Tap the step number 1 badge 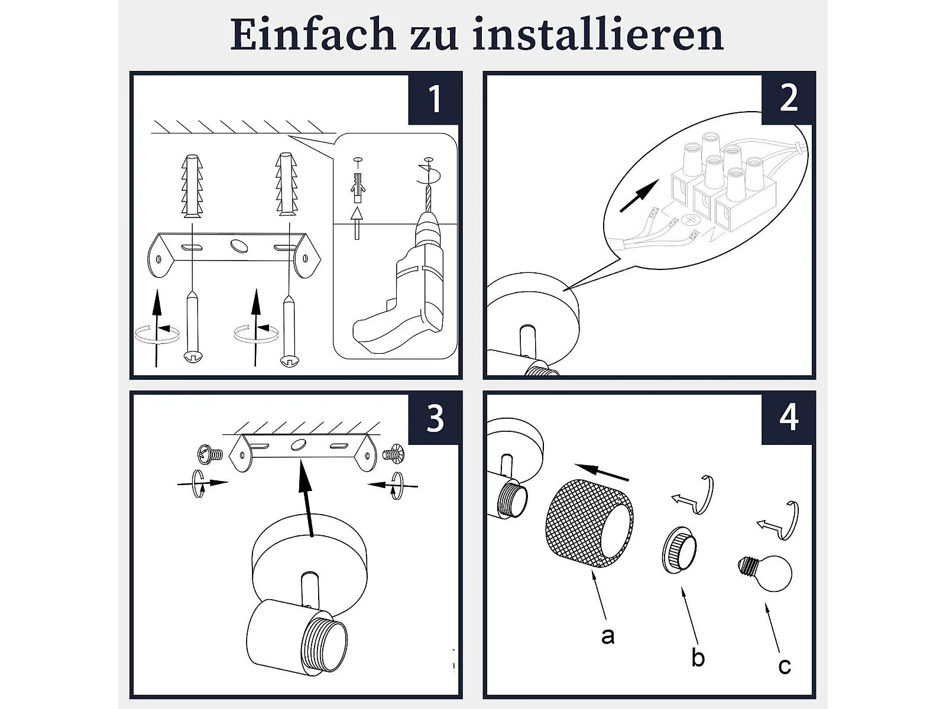(433, 99)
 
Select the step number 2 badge (788, 99)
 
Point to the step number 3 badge (433, 418)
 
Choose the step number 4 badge (788, 418)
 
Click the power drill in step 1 (403, 275)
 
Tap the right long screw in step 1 (289, 329)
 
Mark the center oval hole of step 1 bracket (239, 246)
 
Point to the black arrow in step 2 (640, 196)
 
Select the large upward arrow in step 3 (307, 498)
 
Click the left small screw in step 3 (210, 454)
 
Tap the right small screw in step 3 (393, 454)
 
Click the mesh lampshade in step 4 (589, 525)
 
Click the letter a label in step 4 (608, 635)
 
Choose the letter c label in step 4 (785, 666)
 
